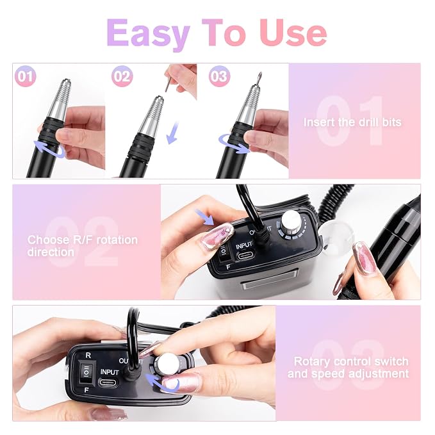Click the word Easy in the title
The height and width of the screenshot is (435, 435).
coord(148,33)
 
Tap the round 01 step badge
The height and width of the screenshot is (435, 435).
coord(25,76)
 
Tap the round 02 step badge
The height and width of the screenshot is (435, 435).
coord(122,76)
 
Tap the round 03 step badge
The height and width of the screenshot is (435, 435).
coord(219,76)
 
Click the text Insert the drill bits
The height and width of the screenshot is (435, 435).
coord(352,122)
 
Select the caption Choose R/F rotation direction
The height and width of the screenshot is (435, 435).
coord(83,246)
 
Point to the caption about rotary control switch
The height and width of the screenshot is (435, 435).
coord(348,367)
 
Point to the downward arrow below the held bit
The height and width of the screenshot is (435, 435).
coord(173,133)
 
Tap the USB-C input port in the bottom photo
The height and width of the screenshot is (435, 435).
coord(108,382)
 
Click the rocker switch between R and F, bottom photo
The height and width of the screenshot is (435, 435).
coord(86,372)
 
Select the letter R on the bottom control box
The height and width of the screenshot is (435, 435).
coord(88,356)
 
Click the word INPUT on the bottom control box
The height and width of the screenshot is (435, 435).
coord(110,372)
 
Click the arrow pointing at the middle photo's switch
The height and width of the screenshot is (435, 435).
coord(204,217)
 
